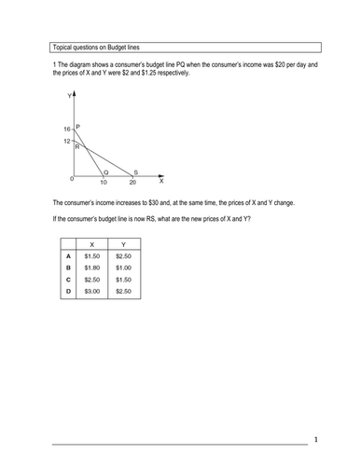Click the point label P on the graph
78,126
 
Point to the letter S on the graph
136,171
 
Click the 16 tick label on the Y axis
66,129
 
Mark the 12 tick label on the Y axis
66,140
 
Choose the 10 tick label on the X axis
103,182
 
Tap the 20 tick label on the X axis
133,182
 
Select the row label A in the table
67,254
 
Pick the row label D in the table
67,292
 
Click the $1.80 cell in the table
91,267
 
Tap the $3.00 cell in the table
91,292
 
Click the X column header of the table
91,242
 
